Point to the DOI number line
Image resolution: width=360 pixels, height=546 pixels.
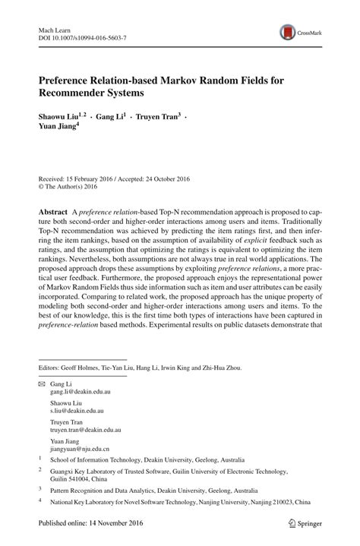point(83,36)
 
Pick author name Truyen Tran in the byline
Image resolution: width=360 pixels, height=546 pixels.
point(156,117)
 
